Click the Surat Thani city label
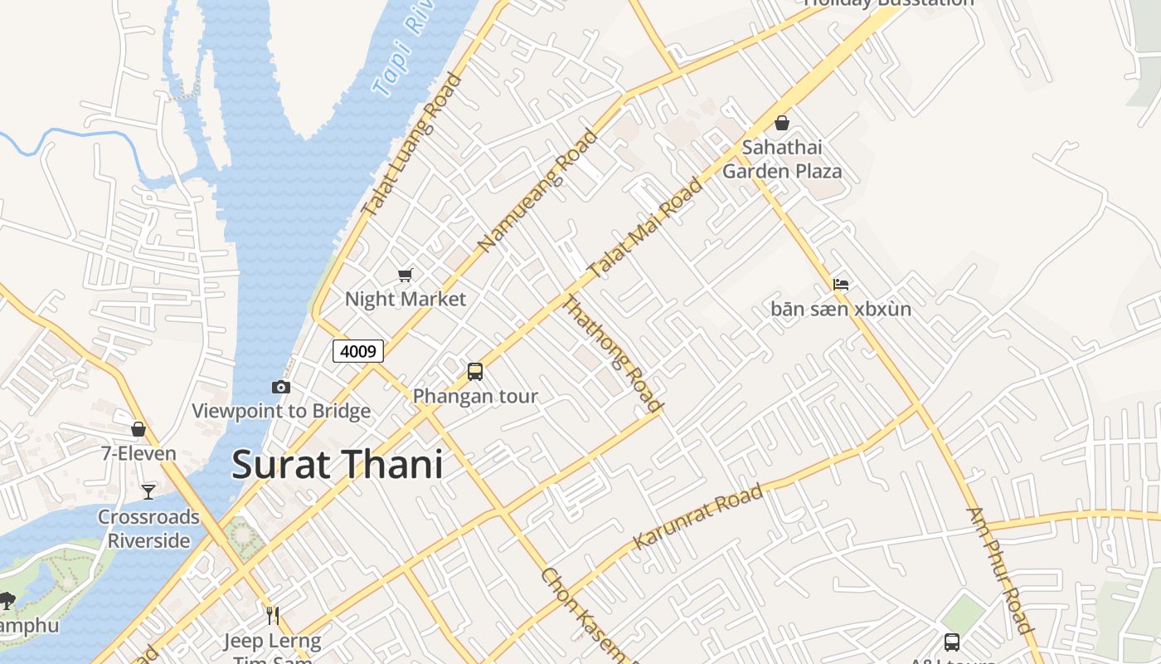tap(337, 465)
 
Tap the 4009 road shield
tap(358, 351)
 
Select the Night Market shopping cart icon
tap(405, 275)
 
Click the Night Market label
tap(406, 299)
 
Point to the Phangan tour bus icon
tap(474, 371)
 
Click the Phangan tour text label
tap(475, 396)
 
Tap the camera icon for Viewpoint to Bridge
tap(281, 387)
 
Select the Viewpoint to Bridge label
tap(281, 411)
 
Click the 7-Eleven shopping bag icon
tap(138, 429)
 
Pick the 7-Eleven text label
tap(138, 453)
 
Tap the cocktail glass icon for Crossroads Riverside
tap(148, 491)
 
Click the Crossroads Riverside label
tap(149, 529)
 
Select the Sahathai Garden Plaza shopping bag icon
tap(781, 124)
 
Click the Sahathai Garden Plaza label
tap(782, 159)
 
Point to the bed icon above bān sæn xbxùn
tap(841, 285)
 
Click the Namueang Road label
tap(537, 192)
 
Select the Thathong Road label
tap(613, 353)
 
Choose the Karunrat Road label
tap(697, 518)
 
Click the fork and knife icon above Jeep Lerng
tap(272, 615)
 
